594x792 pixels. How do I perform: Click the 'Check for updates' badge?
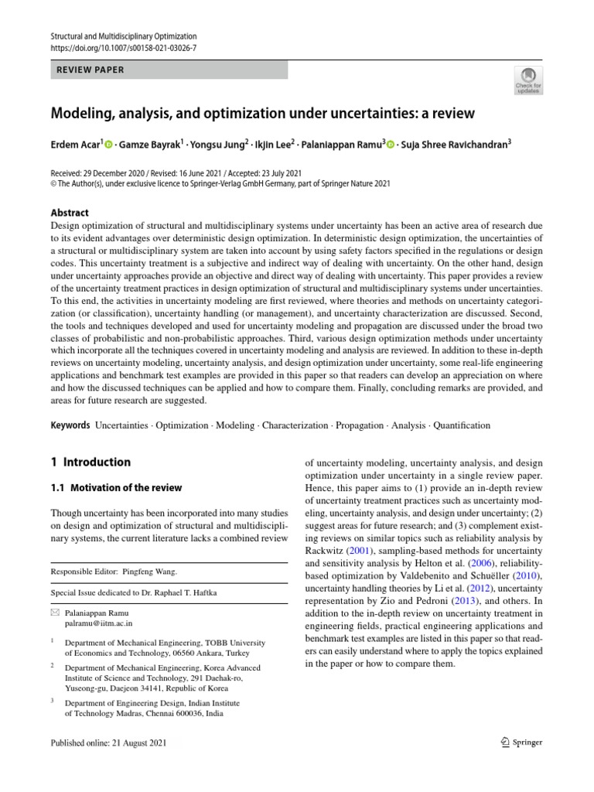tap(528, 80)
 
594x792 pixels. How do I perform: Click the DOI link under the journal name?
tap(123, 48)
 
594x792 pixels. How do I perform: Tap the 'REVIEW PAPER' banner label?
tap(90, 70)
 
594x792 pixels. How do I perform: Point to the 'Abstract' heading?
tap(70, 213)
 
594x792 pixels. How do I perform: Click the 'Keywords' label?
tap(70, 425)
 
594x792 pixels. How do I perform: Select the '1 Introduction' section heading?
tap(90, 463)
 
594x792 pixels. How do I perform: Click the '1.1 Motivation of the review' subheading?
tap(117, 488)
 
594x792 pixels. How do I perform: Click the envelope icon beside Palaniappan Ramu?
tap(54, 611)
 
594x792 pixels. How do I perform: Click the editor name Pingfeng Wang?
tap(149, 572)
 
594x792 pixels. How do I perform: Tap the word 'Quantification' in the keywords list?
tap(462, 425)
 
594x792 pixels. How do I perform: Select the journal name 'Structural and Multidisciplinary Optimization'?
tap(123, 36)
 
